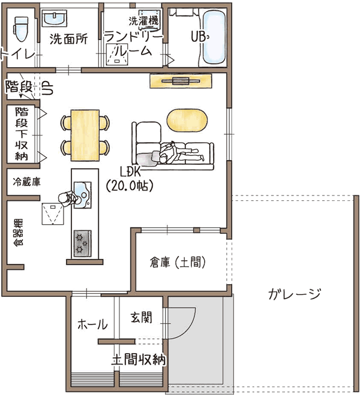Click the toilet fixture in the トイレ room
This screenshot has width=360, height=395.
20,29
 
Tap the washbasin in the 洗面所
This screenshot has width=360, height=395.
54,19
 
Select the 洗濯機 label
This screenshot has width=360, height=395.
143,21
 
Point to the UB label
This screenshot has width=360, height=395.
199,37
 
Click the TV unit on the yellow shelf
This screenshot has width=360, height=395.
181,81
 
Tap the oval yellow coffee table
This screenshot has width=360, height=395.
187,120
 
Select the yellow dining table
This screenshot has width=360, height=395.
85,135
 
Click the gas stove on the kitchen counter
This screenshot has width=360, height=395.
82,243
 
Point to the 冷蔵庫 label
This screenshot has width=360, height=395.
27,182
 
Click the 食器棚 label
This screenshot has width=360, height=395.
19,232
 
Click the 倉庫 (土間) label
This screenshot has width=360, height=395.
178,263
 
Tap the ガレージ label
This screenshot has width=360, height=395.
295,294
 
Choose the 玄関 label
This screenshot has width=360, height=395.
142,318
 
